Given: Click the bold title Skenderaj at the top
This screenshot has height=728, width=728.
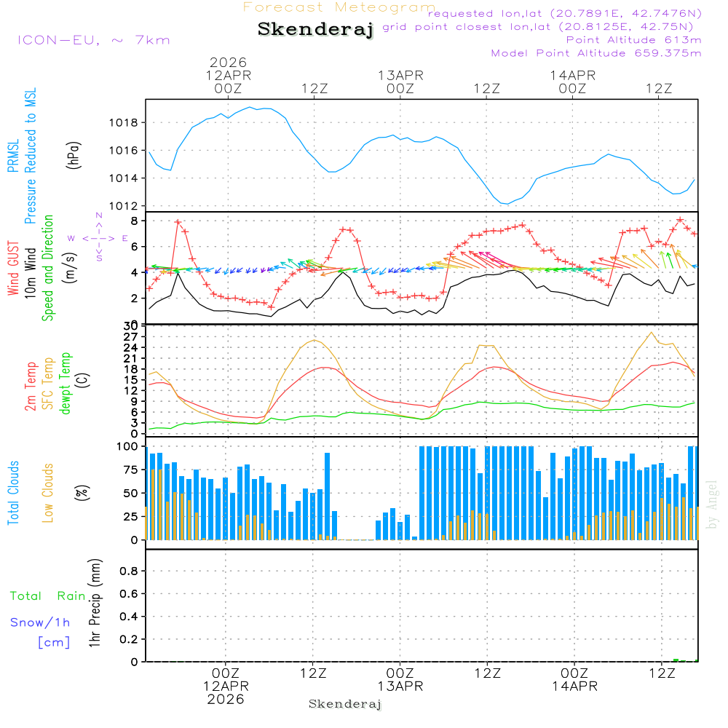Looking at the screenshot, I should coord(315,30).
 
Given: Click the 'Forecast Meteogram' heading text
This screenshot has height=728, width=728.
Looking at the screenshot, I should coord(339,7).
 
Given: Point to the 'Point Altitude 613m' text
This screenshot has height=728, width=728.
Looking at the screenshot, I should coord(633,40).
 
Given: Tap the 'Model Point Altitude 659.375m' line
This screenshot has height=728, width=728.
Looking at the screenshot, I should coord(596,53).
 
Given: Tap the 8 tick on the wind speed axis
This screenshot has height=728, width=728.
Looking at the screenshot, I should coord(135,221).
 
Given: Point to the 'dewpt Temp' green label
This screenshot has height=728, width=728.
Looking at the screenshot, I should coord(66,384).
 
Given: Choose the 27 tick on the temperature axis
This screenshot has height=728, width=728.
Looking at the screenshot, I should coord(132,336).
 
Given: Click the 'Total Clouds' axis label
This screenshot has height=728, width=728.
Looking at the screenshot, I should coord(12,493).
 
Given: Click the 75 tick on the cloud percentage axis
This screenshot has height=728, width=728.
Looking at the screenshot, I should coord(132,470).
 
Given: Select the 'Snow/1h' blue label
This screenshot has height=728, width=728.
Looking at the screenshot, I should coord(40,622).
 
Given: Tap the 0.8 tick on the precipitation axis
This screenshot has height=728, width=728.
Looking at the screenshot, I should coord(130,571).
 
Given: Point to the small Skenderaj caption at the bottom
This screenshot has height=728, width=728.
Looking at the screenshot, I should coord(345,704).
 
